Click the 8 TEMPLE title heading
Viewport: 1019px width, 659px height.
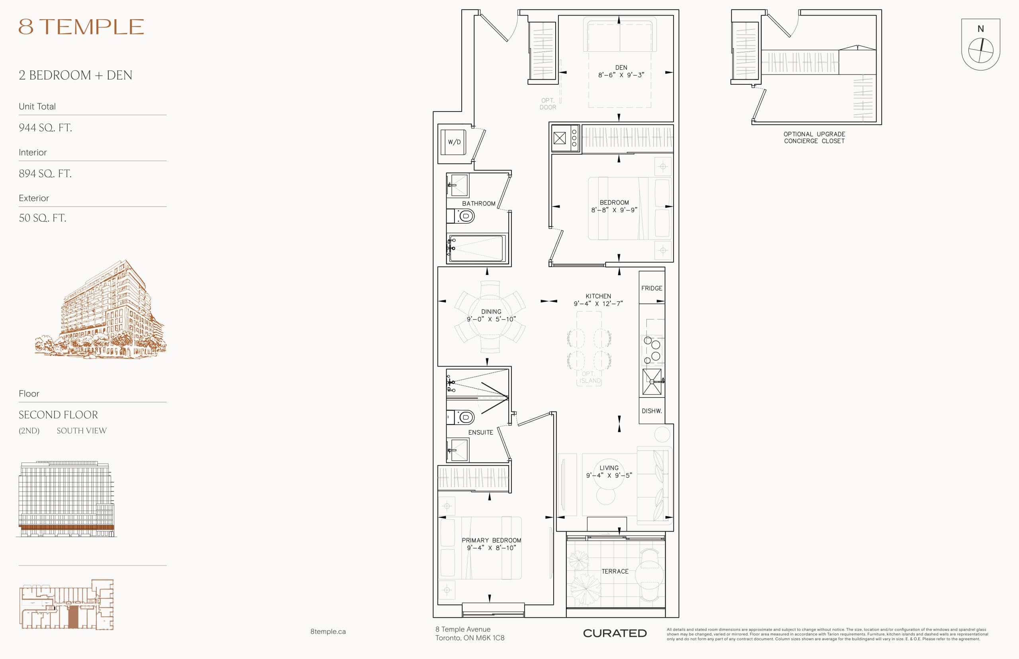tap(81, 27)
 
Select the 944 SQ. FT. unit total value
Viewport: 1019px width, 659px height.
tap(45, 127)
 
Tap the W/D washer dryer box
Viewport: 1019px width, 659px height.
tap(454, 142)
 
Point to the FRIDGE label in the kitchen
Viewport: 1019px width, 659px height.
tap(651, 289)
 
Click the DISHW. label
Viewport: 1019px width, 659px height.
tap(651, 411)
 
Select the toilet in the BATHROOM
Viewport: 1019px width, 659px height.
tap(465, 216)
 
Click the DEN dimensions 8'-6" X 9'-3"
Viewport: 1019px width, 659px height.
tap(621, 75)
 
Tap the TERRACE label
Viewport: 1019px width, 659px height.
tap(615, 571)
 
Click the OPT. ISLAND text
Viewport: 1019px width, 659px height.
tap(590, 377)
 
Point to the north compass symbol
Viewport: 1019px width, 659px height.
tap(980, 50)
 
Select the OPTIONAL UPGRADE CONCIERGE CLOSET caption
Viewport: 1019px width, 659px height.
tap(814, 137)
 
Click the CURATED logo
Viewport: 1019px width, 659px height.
tap(615, 633)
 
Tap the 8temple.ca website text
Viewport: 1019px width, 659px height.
tap(328, 632)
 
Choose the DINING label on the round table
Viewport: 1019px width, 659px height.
tap(491, 312)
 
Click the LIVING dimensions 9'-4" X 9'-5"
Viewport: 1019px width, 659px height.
tap(609, 476)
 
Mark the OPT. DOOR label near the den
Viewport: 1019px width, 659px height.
tap(547, 104)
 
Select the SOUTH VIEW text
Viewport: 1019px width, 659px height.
tap(81, 431)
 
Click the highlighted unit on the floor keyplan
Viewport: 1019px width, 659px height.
tap(73, 616)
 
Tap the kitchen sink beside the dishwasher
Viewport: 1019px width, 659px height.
tap(651, 381)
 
